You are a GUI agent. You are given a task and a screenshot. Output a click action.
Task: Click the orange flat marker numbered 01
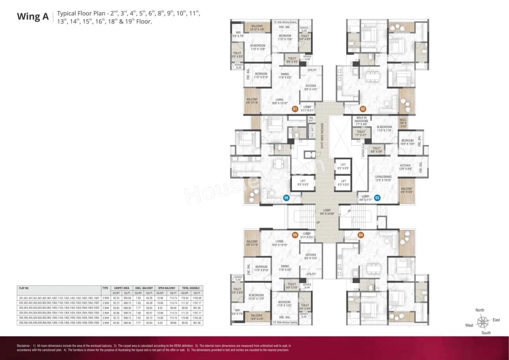pyautogui.click(x=295, y=109)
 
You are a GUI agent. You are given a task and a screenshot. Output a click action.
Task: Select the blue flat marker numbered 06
pyautogui.click(x=286, y=197)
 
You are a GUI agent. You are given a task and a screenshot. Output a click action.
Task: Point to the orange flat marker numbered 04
pyautogui.click(x=361, y=235)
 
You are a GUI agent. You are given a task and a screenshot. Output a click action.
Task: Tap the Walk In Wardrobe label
pyautogui.click(x=361, y=121)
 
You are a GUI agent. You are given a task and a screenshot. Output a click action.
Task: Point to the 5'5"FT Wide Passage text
pyautogui.click(x=322, y=136)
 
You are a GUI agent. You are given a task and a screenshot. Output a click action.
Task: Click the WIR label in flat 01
pyautogui.click(x=238, y=34)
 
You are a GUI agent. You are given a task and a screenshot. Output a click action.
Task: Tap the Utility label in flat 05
pyautogui.click(x=311, y=274)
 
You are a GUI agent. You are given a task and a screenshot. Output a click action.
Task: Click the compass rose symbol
pyautogui.click(x=483, y=321)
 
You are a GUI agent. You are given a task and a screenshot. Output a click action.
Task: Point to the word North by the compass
pyautogui.click(x=480, y=310)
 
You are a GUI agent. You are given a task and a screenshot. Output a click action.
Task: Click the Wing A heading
pyautogui.click(x=33, y=17)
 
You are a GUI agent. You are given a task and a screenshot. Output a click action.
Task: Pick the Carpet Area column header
pyautogui.click(x=121, y=288)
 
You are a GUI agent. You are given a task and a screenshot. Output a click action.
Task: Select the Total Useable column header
pyautogui.click(x=191, y=288)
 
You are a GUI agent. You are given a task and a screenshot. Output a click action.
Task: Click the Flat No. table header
pyautogui.click(x=24, y=288)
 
